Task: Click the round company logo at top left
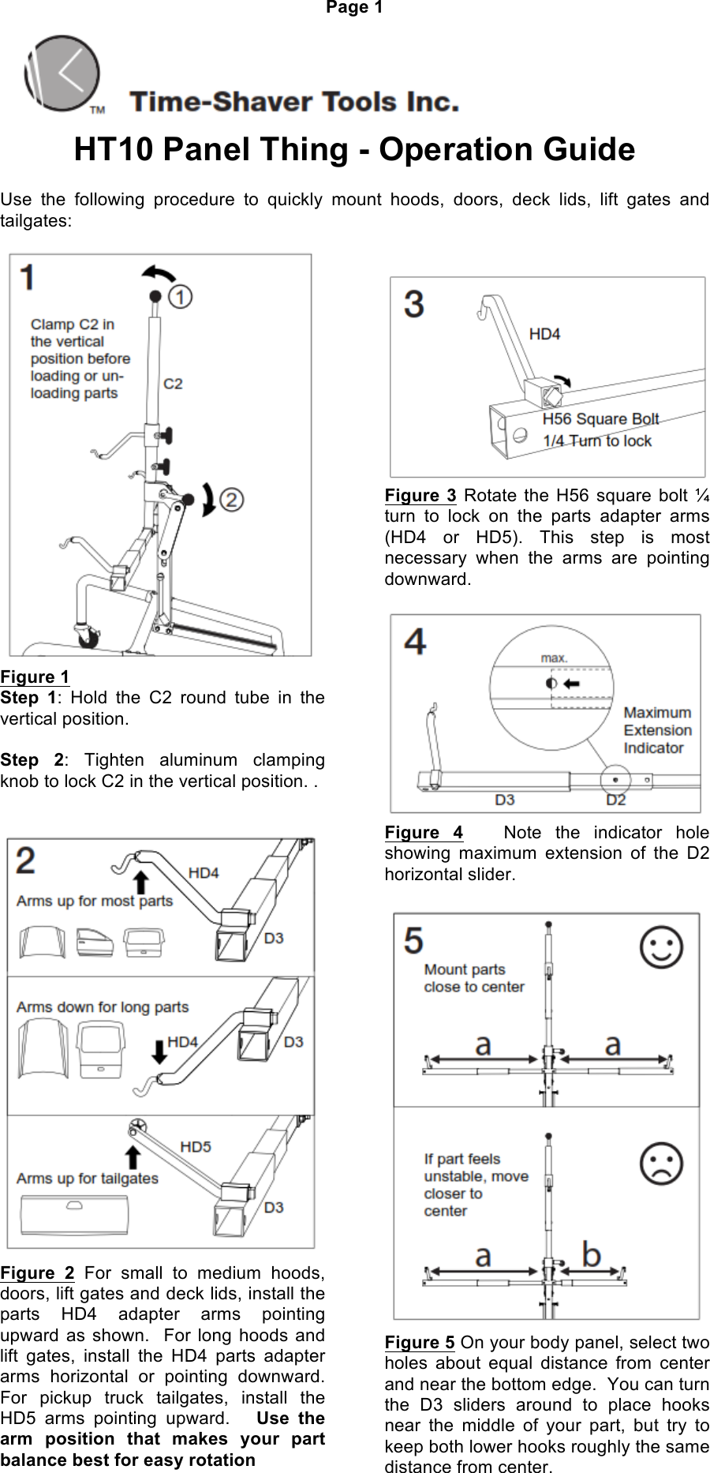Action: (63, 73)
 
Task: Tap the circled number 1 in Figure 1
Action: (181, 297)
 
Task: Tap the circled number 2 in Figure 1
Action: (231, 500)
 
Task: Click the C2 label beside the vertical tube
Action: (173, 384)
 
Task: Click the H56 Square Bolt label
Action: (600, 419)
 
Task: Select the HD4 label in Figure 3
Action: (544, 334)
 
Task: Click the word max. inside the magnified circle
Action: (554, 658)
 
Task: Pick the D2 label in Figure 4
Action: (615, 800)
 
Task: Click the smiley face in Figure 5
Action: (661, 947)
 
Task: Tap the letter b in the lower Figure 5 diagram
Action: (591, 1254)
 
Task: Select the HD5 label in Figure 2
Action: (196, 1146)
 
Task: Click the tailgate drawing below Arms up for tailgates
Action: (74, 1214)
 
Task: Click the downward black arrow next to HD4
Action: (159, 1051)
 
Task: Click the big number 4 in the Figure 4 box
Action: (415, 641)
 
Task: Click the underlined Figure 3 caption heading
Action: (420, 496)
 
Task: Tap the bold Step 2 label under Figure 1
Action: (32, 760)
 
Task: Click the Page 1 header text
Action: (354, 8)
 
